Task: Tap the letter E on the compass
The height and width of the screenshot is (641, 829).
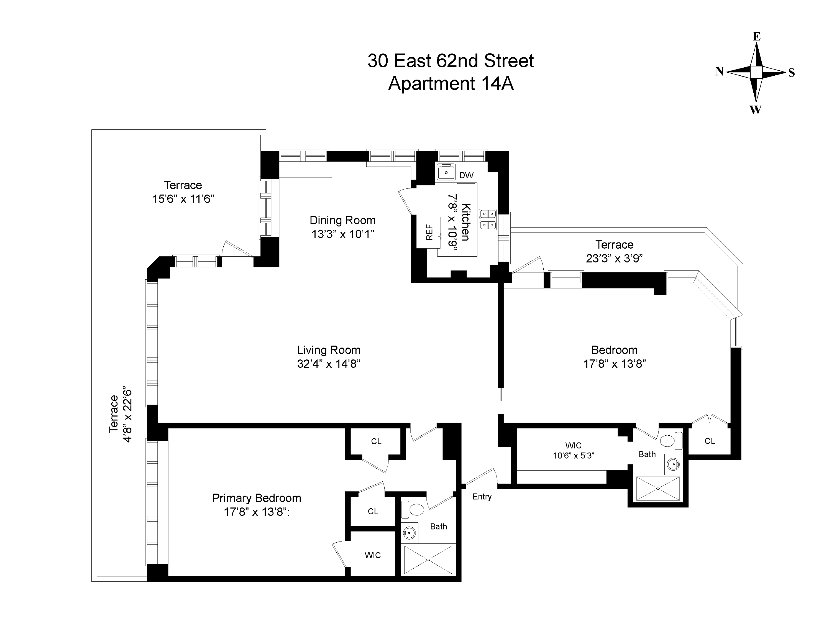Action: click(x=757, y=37)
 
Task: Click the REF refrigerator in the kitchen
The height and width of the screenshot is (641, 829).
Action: click(x=429, y=232)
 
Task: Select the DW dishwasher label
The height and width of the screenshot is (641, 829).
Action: click(x=466, y=175)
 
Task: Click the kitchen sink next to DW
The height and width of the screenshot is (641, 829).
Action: click(x=446, y=172)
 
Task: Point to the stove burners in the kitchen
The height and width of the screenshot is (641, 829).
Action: click(x=487, y=220)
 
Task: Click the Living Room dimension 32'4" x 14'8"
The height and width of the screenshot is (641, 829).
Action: click(x=328, y=364)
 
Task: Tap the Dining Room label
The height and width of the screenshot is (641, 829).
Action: click(x=342, y=220)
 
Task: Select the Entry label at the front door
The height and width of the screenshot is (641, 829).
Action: click(x=482, y=497)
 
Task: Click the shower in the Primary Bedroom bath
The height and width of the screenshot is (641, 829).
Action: click(x=428, y=559)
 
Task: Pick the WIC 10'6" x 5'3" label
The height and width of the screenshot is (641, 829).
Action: click(x=573, y=450)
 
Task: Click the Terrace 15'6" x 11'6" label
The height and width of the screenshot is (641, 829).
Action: click(x=183, y=192)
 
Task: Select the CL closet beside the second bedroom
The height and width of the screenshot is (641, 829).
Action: click(x=709, y=441)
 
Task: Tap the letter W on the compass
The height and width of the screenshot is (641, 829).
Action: click(x=755, y=110)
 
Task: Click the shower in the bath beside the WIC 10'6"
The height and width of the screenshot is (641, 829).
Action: click(x=658, y=489)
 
